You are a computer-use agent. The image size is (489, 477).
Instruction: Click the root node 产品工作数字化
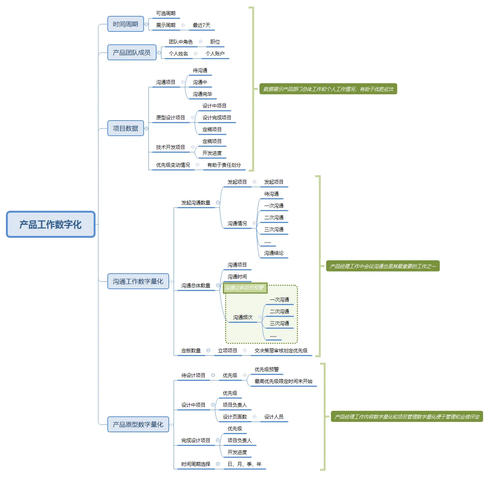tap(51, 224)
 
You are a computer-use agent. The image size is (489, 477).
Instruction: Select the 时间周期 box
tap(125, 24)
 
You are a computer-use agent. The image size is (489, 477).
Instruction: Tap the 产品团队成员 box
tap(132, 53)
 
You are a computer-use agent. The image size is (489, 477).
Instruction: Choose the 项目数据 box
tap(125, 128)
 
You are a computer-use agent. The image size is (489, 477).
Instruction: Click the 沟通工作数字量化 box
tap(138, 281)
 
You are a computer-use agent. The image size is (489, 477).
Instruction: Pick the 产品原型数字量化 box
tap(138, 424)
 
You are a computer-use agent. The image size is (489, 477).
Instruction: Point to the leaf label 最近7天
tap(201, 25)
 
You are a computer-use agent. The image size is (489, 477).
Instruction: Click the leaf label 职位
tap(215, 42)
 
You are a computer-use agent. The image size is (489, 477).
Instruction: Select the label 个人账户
tap(215, 54)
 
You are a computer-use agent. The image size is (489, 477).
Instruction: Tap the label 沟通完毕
tap(202, 94)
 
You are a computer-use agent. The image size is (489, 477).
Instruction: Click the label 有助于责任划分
tap(224, 165)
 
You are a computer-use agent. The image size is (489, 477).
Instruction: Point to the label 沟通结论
tap(274, 253)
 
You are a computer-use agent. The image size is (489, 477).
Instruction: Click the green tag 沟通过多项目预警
tap(245, 288)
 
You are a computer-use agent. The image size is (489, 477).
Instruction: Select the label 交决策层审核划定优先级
tap(281, 351)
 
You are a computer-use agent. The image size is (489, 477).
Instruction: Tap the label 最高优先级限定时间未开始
tap(284, 381)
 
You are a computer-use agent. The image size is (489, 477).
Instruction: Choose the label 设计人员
tap(274, 417)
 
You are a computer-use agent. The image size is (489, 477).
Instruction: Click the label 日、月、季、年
tap(244, 464)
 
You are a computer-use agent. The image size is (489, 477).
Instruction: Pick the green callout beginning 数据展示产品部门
tap(328, 89)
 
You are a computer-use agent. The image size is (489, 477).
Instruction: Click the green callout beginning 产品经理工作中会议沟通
tap(383, 266)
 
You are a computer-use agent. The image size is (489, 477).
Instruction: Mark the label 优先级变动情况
tap(173, 165)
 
